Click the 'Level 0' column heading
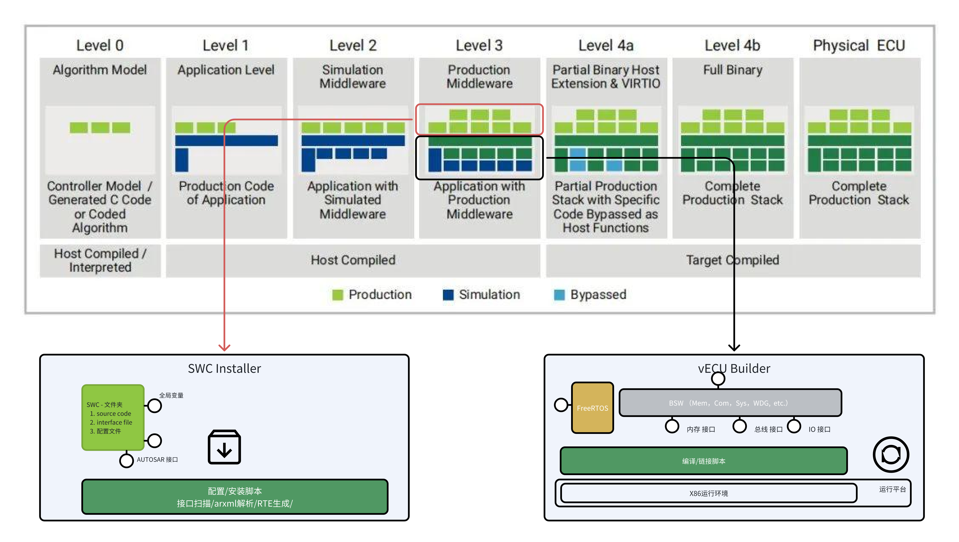point(100,45)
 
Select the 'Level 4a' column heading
point(606,45)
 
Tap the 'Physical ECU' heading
point(859,45)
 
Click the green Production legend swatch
point(338,295)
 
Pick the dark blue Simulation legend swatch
point(448,295)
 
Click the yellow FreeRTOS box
point(592,408)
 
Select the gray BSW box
point(730,403)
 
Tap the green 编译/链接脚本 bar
point(704,461)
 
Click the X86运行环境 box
point(708,493)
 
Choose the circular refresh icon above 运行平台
point(891,454)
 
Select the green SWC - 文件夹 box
point(112,417)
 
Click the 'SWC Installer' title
point(224,368)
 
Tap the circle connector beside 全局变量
point(155,406)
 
